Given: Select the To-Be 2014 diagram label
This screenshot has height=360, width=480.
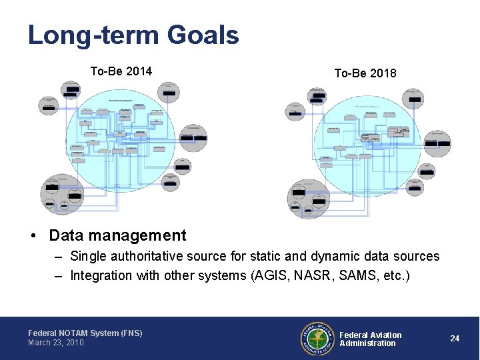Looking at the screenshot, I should [x=121, y=71].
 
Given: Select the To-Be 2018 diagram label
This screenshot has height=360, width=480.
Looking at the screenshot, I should [x=365, y=73].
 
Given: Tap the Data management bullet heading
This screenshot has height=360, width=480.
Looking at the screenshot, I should [x=117, y=235].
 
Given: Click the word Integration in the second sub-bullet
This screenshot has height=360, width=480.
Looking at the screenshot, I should [x=101, y=275].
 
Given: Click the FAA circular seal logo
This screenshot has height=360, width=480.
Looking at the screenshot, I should [x=317, y=339].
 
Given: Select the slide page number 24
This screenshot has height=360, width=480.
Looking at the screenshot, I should [x=455, y=339].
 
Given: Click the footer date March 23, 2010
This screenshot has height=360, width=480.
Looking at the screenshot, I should [x=56, y=343].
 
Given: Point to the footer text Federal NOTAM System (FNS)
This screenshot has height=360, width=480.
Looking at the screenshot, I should [x=85, y=333].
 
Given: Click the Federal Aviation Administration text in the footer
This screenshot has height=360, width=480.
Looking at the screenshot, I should [x=371, y=339].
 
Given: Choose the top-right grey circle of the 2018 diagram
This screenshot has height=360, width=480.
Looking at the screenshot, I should [x=415, y=99].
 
